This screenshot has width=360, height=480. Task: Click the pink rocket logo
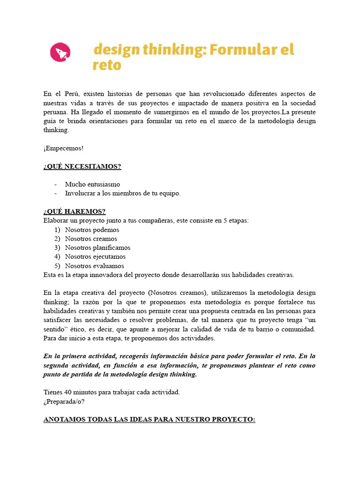(x=60, y=52)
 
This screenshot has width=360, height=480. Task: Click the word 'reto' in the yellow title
(x=107, y=65)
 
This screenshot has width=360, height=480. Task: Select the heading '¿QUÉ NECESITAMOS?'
(x=82, y=166)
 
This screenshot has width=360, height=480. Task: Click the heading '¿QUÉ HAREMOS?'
(x=75, y=211)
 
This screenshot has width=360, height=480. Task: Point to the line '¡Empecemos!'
(x=63, y=148)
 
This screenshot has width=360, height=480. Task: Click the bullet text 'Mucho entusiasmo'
(x=92, y=184)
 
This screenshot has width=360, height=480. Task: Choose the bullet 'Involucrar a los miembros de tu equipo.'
(x=122, y=193)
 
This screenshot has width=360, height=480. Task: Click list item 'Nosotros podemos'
(x=92, y=230)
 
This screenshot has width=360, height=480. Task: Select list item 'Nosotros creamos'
(x=91, y=239)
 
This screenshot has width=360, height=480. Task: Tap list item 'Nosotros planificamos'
(x=97, y=247)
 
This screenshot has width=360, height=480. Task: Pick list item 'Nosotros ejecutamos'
(x=95, y=256)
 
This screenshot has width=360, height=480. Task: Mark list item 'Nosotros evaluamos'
(x=95, y=265)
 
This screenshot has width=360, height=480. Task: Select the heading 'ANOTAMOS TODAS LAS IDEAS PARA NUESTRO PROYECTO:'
(x=149, y=419)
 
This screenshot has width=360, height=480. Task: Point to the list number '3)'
(x=57, y=247)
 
